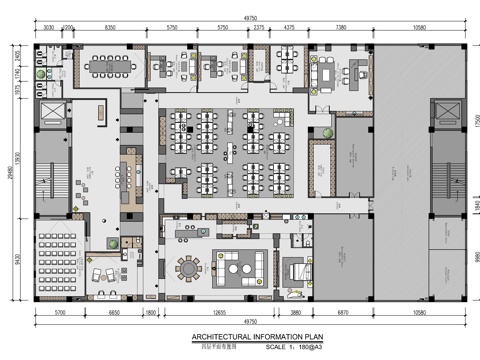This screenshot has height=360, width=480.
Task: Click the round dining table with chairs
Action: (188, 267)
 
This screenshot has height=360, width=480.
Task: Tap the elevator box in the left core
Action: (49, 113)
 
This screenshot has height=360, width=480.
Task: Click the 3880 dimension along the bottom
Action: (296, 314)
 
